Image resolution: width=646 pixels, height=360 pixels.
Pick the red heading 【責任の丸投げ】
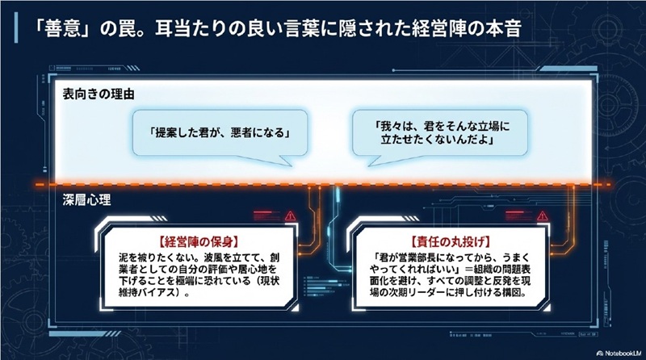[451, 240]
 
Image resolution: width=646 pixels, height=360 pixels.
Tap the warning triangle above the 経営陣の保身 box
[288, 216]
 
